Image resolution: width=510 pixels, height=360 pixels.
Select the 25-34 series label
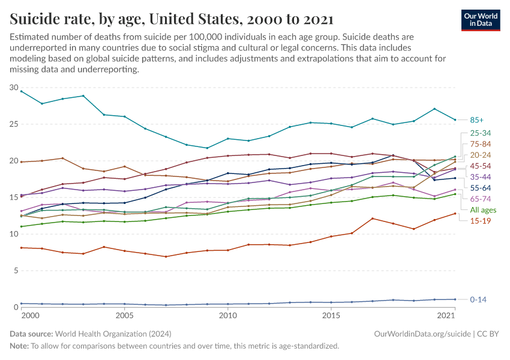pyautogui.click(x=480, y=133)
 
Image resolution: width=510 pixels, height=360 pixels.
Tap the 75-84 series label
pyautogui.click(x=480, y=143)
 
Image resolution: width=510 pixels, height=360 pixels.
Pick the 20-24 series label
pyautogui.click(x=480, y=155)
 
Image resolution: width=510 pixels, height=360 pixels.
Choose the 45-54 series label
pyautogui.click(x=480, y=166)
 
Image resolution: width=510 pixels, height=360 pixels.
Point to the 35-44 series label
pyautogui.click(x=480, y=177)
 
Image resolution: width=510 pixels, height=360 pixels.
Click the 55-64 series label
pyautogui.click(x=480, y=188)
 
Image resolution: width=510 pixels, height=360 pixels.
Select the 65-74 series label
pyautogui.click(x=480, y=199)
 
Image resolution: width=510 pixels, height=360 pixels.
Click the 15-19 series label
pyautogui.click(x=480, y=221)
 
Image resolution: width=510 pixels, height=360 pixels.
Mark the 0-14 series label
pyautogui.click(x=478, y=299)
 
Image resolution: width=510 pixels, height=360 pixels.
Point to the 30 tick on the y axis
pyautogui.click(x=13, y=88)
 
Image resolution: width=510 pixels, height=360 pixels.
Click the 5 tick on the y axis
pyautogui.click(x=16, y=271)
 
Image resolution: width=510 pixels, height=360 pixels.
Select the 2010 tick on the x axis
pyautogui.click(x=227, y=316)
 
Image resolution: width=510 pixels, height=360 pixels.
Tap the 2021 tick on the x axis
pyautogui.click(x=446, y=316)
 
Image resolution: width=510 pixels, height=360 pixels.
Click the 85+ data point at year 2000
pyautogui.click(x=22, y=91)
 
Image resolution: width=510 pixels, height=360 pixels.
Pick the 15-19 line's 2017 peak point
pyautogui.click(x=373, y=218)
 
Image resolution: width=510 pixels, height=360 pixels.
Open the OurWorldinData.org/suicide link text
pyautogui.click(x=422, y=334)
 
